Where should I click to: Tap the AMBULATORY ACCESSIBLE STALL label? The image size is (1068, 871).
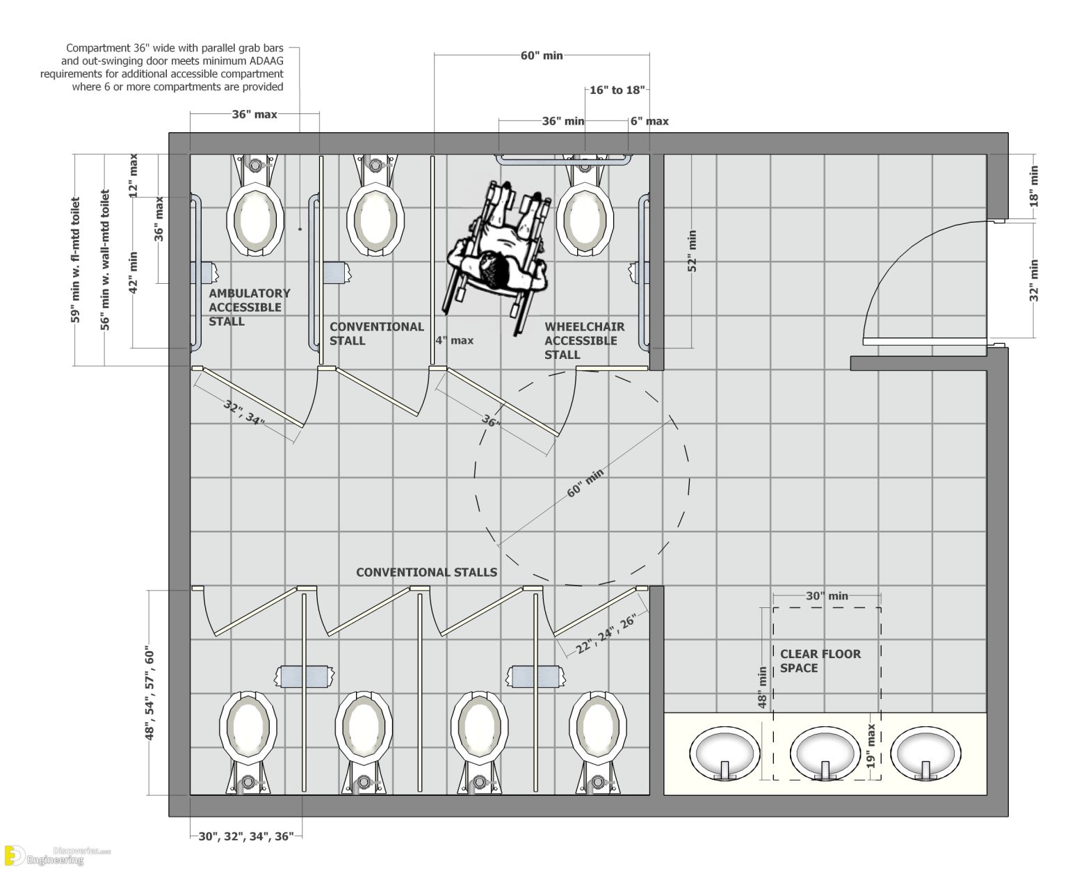coord(249,307)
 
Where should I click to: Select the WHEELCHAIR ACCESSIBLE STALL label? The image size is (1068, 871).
coord(584,340)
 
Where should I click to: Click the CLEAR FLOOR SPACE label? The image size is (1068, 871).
coord(820,661)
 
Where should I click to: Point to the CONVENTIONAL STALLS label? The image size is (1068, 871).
coord(426,572)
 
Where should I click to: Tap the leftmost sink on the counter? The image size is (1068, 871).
coord(724,755)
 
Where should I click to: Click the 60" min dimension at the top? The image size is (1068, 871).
coord(541,56)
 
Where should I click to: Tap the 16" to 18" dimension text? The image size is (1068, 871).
coord(617,90)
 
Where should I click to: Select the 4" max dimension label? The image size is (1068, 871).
coord(454,340)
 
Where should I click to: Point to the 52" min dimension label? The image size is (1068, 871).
coord(692,252)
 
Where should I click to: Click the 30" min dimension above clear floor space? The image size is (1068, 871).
coord(827,596)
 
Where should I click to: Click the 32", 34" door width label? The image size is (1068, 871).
coord(244,413)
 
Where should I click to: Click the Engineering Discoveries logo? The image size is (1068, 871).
coord(56,855)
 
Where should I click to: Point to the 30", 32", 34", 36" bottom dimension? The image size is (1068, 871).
coord(246,836)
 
